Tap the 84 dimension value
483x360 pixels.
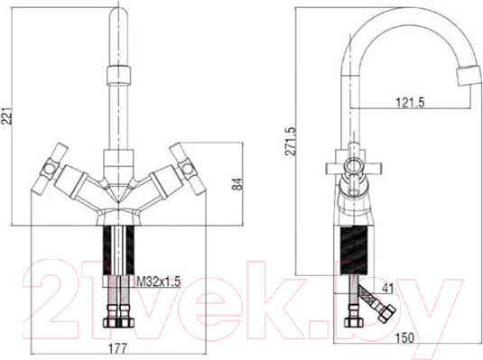point(237,184)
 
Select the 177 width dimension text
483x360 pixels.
point(117,348)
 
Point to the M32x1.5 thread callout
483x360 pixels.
point(158,282)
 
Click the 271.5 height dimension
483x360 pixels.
point(290,141)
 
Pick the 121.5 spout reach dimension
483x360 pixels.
point(410,102)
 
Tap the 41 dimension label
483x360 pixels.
point(387,288)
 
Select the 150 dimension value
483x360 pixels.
point(404,338)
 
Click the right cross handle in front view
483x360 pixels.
point(185,169)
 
